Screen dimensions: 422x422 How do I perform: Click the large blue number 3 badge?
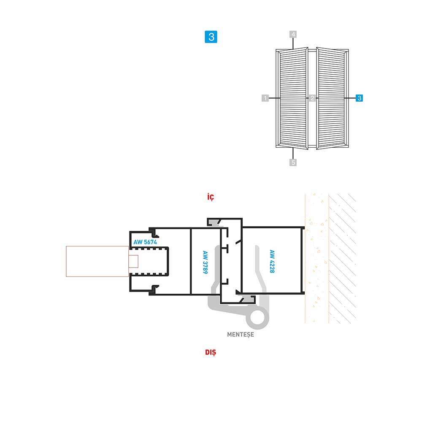coord(211,37)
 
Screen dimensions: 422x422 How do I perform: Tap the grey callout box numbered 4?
coord(293,35)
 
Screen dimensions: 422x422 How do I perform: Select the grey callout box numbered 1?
coord(265,98)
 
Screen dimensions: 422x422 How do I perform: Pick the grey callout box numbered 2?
coord(312,98)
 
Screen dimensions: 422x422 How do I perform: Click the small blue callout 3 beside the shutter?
coord(359,98)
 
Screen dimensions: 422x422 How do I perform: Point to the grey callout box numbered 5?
coord(293,162)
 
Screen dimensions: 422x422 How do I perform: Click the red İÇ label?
coord(211,197)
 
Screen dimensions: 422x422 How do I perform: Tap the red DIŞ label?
coord(211,352)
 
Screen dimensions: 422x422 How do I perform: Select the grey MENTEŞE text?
coord(241,335)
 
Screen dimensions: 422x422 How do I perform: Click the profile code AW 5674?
coord(145,242)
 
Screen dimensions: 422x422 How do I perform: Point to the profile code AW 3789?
coord(205,262)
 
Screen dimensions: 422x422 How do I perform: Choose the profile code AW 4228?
coord(272,261)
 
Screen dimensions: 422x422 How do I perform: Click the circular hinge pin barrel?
coord(257,317)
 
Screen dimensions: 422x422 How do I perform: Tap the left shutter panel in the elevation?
coord(293,98)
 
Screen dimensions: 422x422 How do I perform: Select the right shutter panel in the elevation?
coord(331,98)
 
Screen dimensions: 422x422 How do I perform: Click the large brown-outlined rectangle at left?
coord(97,261)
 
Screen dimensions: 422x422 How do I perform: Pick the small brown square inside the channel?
coord(133,261)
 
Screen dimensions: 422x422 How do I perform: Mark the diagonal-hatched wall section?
coord(343,258)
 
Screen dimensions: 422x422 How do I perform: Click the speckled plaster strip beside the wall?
coord(317,258)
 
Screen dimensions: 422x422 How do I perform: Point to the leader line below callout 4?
coord(293,43)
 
